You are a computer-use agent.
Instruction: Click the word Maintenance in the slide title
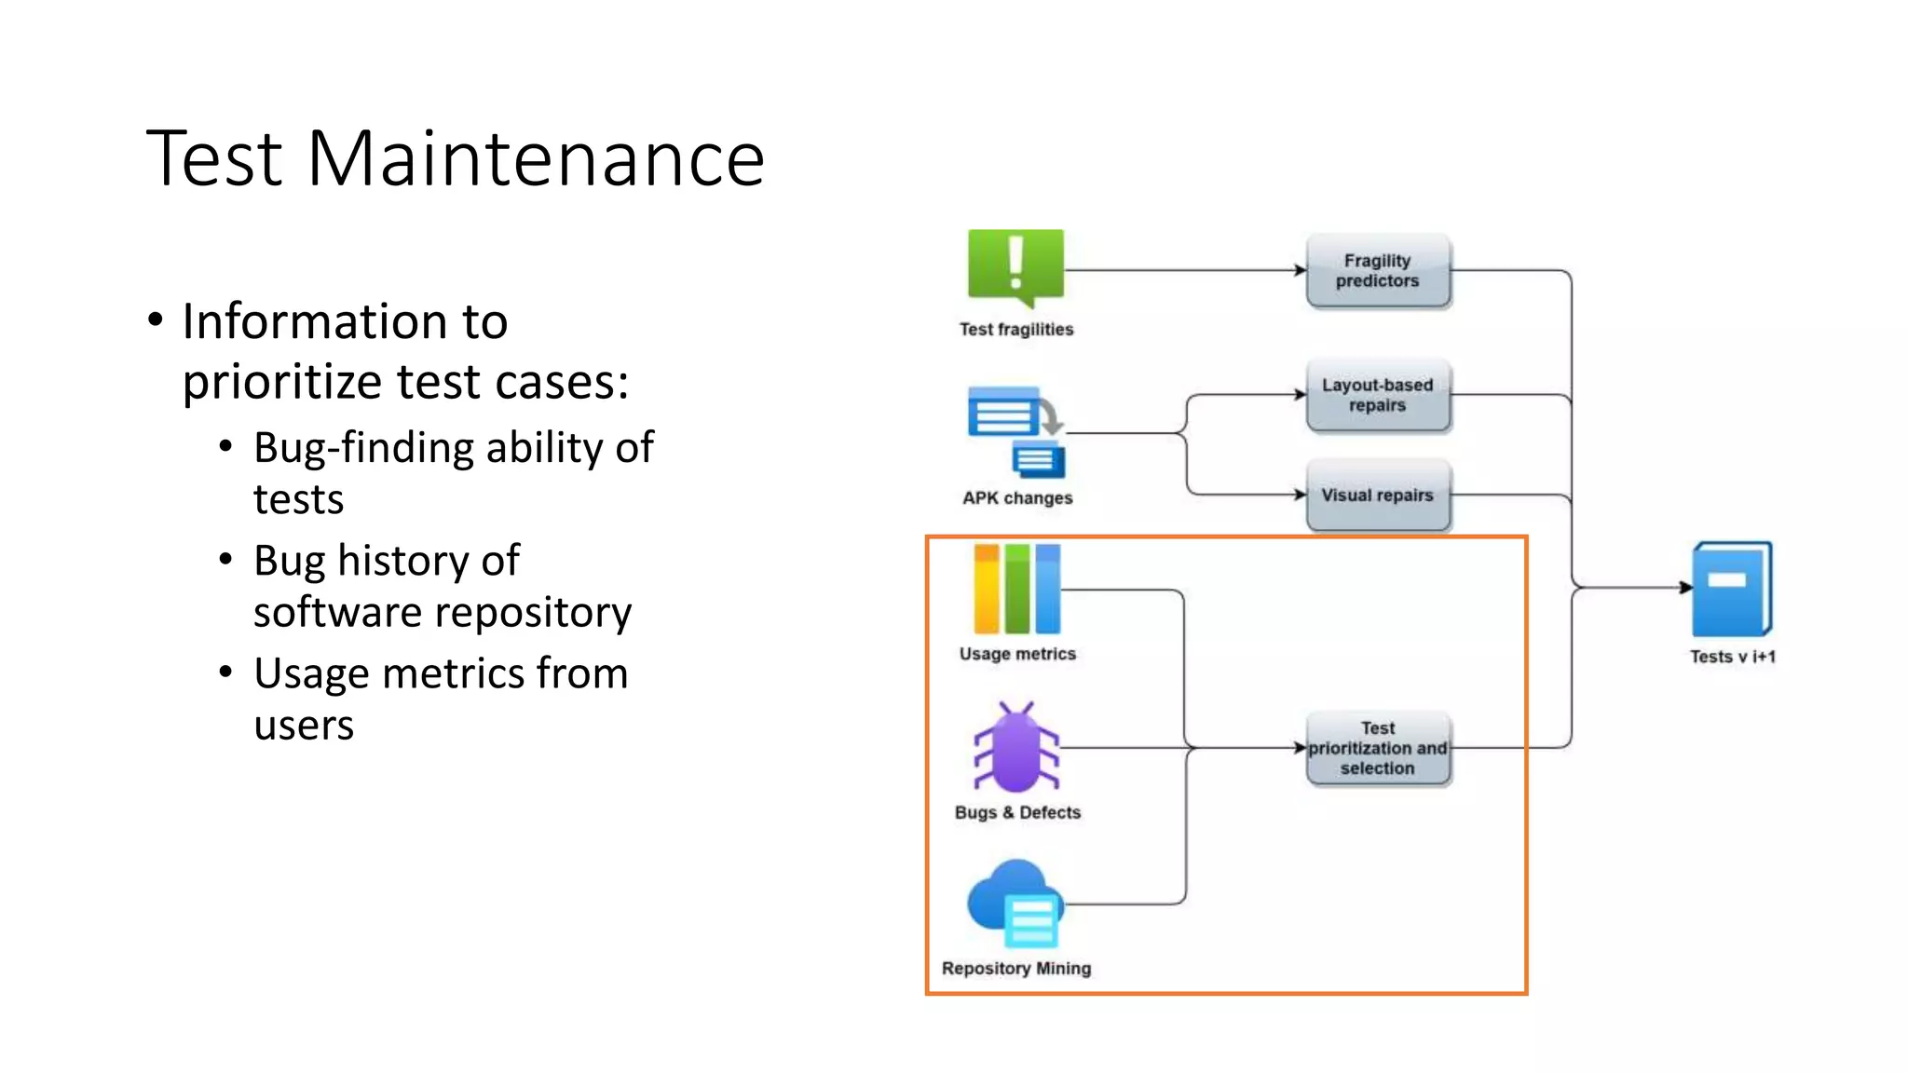tap(535, 159)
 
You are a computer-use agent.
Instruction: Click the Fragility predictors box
tap(1377, 271)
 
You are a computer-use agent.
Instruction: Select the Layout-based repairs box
tap(1377, 395)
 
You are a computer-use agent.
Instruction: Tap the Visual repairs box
tap(1377, 496)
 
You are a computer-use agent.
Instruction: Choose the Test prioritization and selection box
tap(1377, 749)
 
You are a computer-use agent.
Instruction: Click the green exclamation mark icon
tap(1015, 266)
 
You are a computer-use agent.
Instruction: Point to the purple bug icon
tap(1015, 749)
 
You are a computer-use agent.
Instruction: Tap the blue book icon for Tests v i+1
tap(1731, 590)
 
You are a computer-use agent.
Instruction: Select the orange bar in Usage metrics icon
tap(986, 590)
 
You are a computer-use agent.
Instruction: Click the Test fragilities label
tap(1015, 330)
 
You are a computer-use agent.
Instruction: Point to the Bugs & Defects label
tap(1017, 813)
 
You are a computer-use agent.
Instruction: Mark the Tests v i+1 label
tap(1732, 657)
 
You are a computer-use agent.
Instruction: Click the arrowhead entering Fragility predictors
tap(1301, 271)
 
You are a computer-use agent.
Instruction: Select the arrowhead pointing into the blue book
tap(1685, 588)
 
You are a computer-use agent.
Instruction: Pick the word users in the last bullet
tap(304, 726)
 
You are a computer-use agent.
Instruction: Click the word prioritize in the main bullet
tap(282, 383)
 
